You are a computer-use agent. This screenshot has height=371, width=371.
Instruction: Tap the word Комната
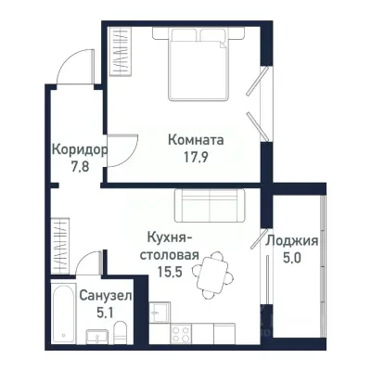197,140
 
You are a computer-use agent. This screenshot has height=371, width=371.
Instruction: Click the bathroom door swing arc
90,262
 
